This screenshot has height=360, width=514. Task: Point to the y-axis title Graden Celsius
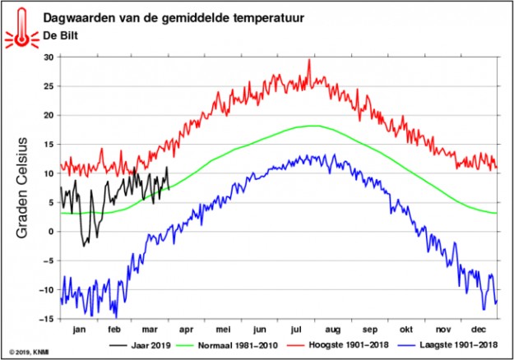click(24, 187)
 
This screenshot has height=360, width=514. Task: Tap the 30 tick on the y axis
click(47, 58)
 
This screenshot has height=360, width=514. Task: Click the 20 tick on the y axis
click(47, 115)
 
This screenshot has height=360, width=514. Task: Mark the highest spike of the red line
click(309, 60)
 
